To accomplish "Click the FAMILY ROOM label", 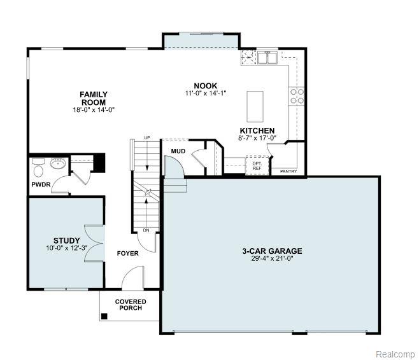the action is [94, 98].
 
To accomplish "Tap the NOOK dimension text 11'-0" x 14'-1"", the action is [206, 93].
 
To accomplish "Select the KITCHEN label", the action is [257, 130].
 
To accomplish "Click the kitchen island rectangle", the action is [255, 106].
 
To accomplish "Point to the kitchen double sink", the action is [267, 57].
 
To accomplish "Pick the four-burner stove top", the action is [297, 96].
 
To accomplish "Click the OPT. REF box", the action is [257, 165].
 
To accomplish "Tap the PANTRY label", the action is [288, 171].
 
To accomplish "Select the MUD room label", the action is [178, 151].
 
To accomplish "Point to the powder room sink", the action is [58, 163].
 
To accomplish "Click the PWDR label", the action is [41, 184].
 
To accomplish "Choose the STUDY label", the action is [66, 240].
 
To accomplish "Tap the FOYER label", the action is [128, 253].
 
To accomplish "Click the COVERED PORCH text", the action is [131, 305].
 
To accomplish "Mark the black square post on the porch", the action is [104, 316].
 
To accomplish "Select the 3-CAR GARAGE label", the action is [272, 251].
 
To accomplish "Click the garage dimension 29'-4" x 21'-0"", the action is [272, 258].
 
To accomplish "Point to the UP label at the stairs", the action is [147, 137].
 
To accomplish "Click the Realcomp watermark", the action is [395, 354].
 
